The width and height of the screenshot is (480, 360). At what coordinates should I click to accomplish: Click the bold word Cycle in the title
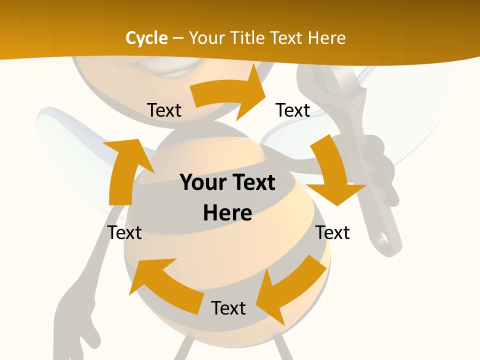pos(146,38)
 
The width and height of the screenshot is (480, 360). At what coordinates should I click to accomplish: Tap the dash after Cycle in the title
pos(178,38)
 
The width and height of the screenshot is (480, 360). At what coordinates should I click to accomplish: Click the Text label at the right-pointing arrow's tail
pos(164,110)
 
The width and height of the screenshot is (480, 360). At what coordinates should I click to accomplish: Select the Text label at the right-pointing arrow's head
pos(293,110)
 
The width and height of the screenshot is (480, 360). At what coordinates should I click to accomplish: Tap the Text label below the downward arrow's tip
pos(333,232)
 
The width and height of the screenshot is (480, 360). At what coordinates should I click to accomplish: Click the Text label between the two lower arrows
pos(228,308)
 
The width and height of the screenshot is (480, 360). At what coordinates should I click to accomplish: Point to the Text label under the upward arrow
pos(124,232)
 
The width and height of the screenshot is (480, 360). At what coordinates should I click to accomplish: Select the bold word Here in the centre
pos(227,213)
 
